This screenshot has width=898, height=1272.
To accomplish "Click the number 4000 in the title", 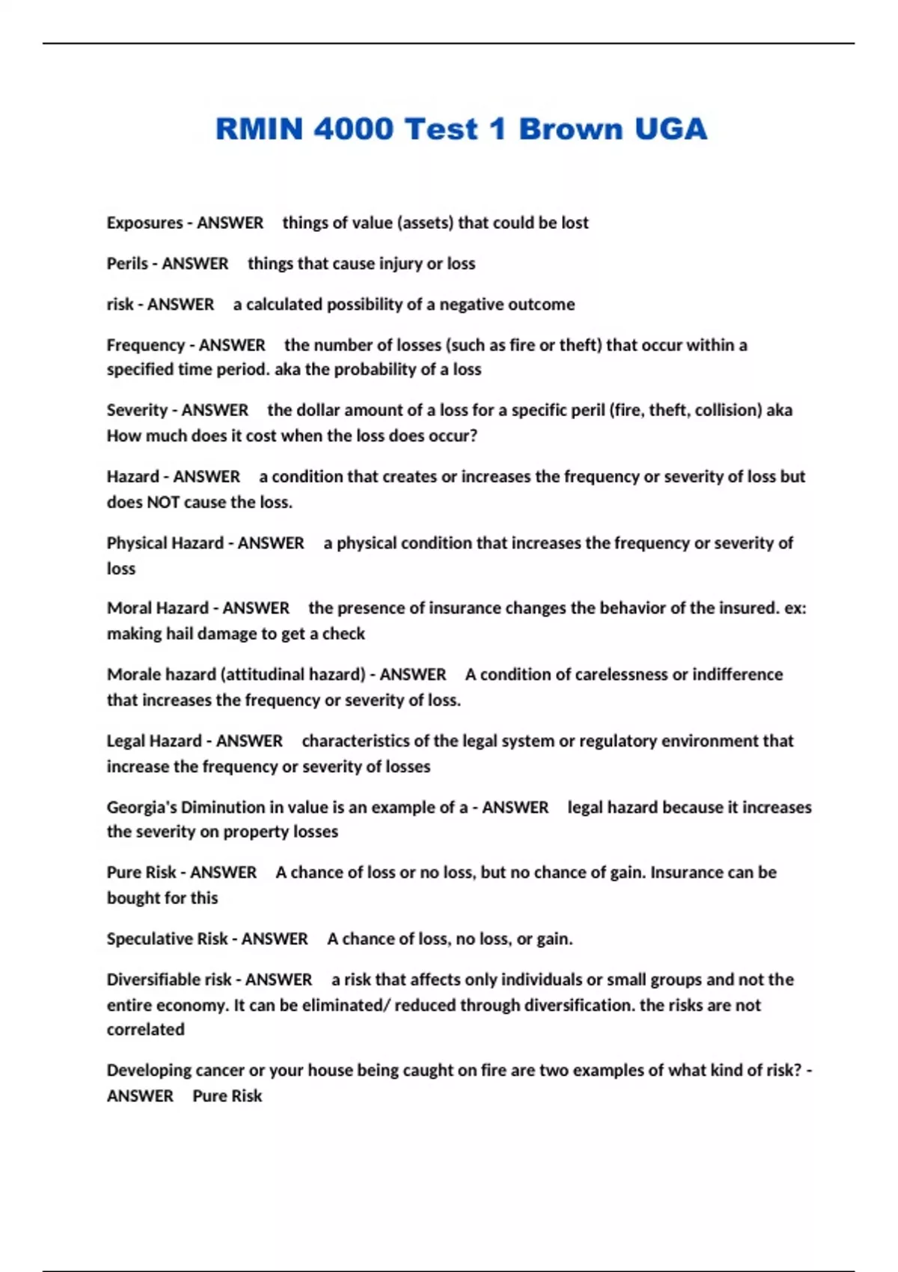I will (x=353, y=129).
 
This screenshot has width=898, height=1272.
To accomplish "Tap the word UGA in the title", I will (x=670, y=129).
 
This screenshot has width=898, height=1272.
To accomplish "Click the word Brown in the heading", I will (x=569, y=129).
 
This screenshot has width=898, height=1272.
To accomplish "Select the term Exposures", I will (x=144, y=223).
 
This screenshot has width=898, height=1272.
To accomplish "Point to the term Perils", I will (x=127, y=263).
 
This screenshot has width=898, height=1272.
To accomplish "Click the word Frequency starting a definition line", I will (x=145, y=345).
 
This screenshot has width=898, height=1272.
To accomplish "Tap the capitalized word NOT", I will (x=163, y=502).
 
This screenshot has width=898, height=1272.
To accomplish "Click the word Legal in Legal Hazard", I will (x=126, y=741).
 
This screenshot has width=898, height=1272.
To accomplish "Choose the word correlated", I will (x=145, y=1030).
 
